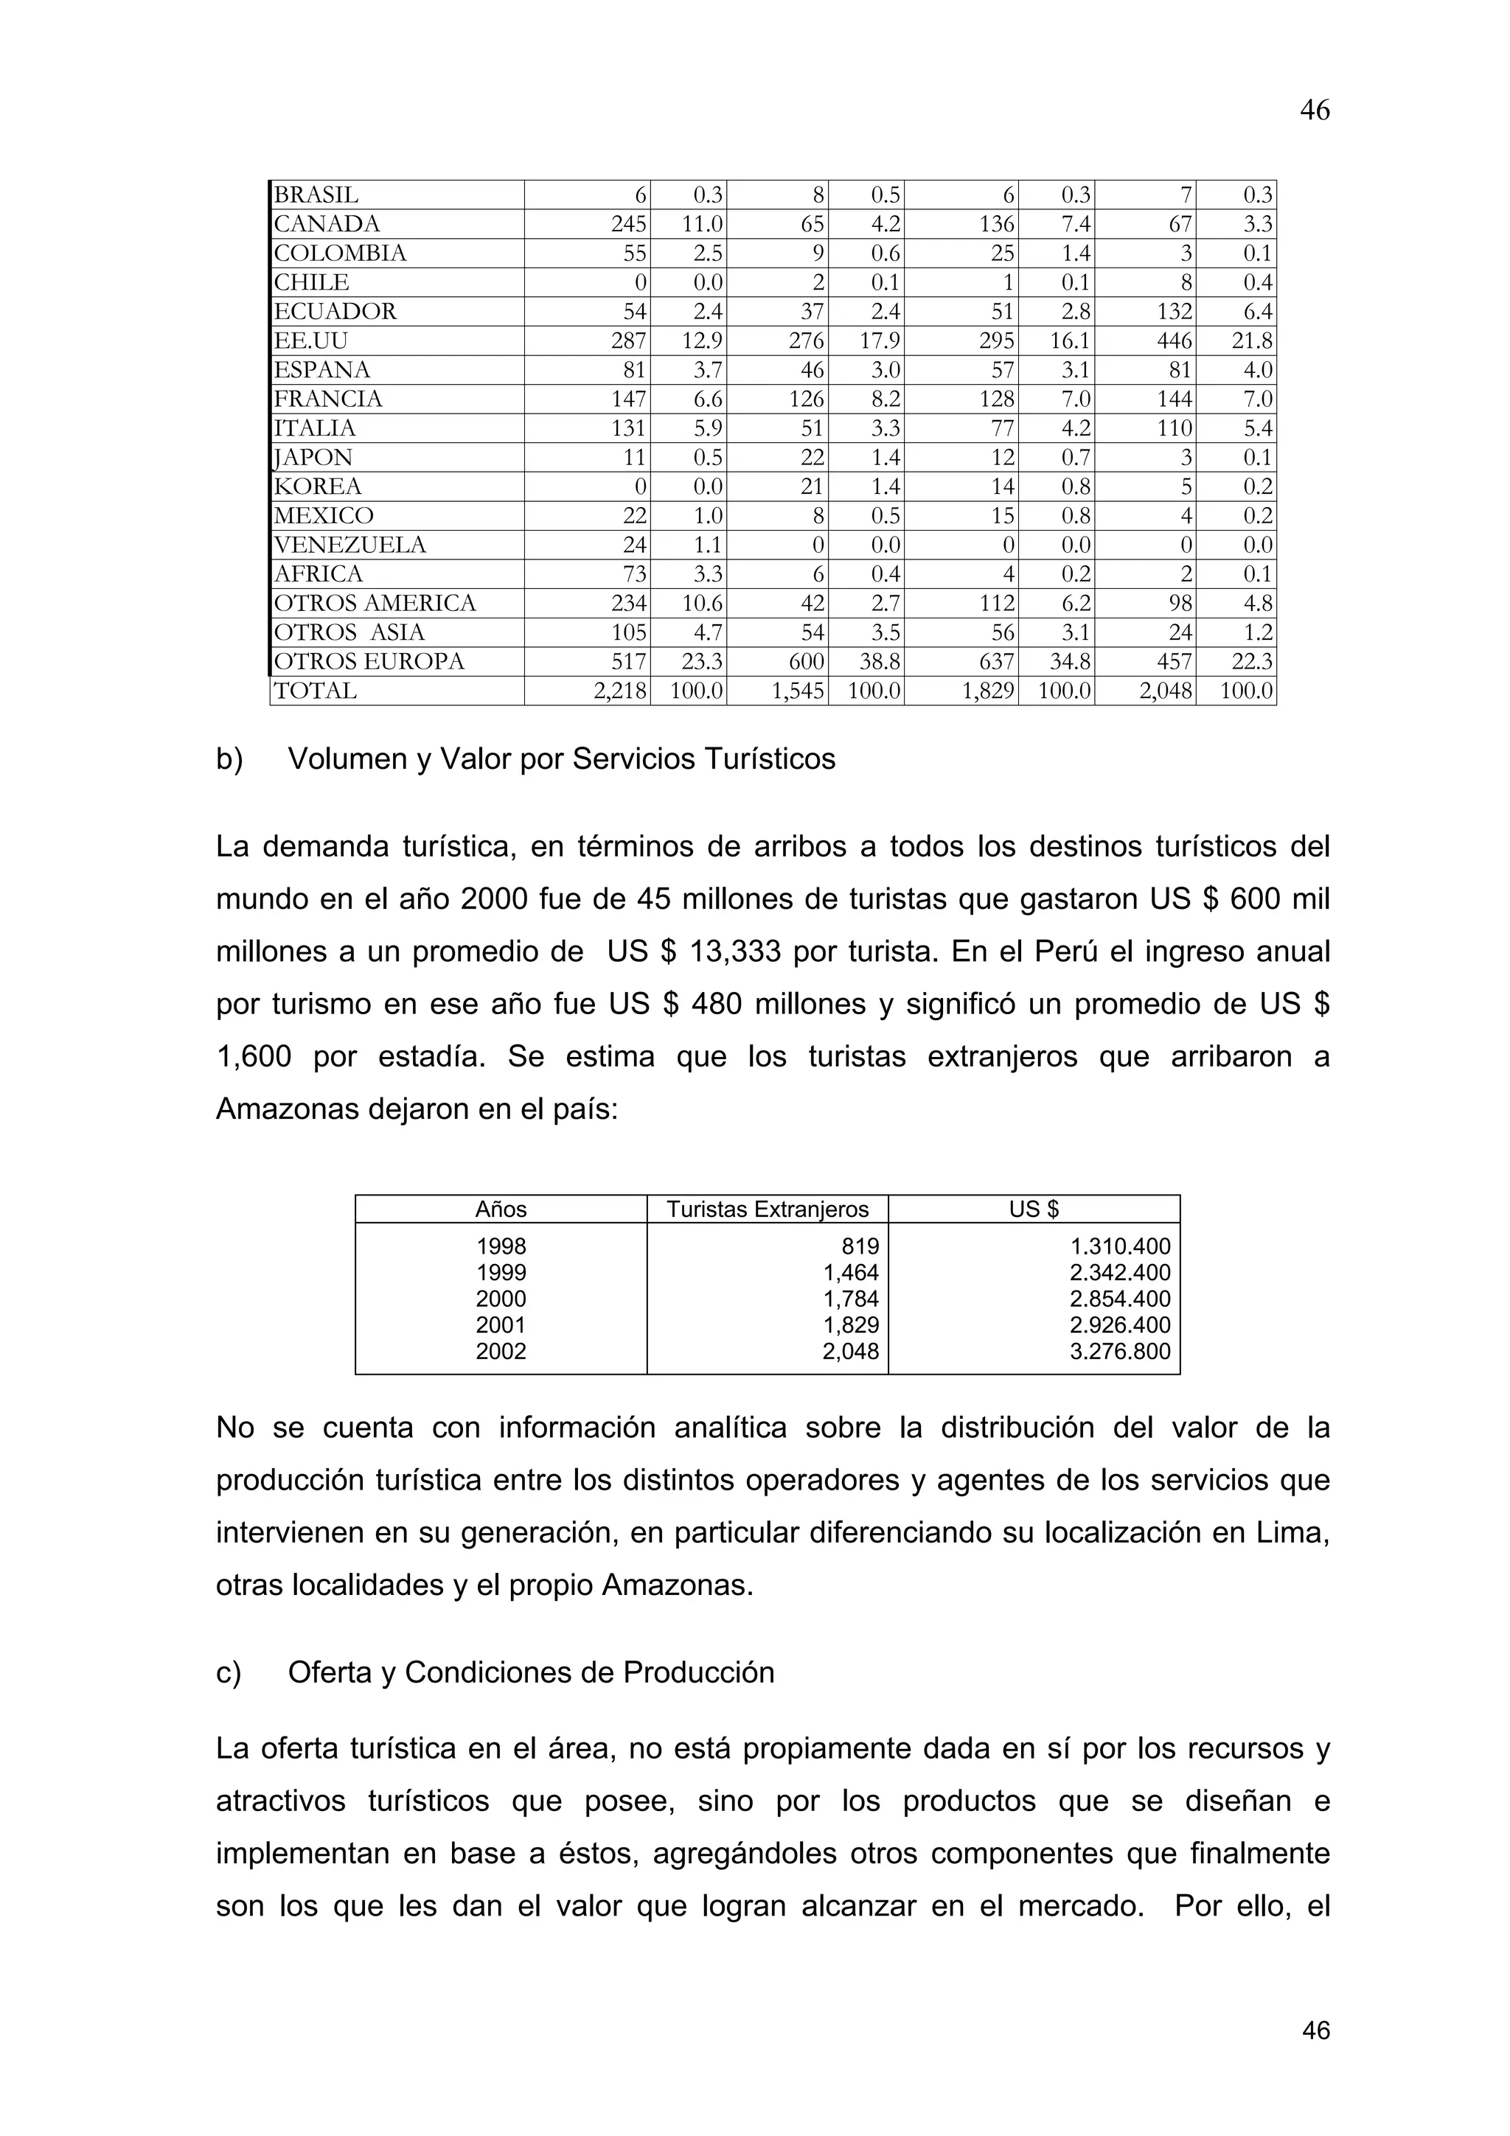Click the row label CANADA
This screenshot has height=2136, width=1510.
(327, 224)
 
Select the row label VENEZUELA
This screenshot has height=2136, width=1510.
(349, 545)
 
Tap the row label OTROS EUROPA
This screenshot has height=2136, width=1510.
(369, 661)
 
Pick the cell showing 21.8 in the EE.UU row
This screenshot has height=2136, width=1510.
(1252, 341)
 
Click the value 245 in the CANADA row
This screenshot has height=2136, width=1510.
(629, 224)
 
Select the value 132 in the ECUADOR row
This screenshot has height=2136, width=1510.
(1174, 312)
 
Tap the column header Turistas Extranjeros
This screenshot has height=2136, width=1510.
(768, 1210)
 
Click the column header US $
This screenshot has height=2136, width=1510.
(1034, 1210)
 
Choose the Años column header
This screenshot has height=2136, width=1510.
(501, 1210)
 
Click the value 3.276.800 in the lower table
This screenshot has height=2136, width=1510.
(1120, 1352)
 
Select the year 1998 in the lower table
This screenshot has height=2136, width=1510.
(501, 1246)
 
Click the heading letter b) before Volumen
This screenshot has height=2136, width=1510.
(229, 760)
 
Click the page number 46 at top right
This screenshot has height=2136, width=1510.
(1315, 111)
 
